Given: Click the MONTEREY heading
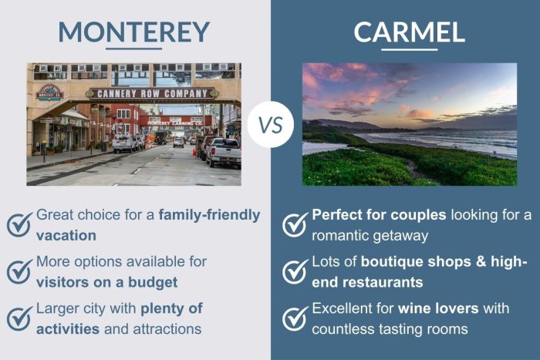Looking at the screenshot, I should (133, 32).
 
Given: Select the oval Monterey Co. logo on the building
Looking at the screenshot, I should (49, 92).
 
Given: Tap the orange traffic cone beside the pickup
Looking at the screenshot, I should (201, 158).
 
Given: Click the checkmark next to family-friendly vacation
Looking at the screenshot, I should (19, 224).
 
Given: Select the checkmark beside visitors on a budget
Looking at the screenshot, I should (19, 271).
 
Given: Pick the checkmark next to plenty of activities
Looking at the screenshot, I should (19, 318).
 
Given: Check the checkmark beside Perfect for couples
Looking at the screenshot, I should (295, 224).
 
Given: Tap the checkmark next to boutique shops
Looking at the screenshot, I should (295, 271).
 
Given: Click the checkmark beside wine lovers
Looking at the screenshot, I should (295, 318).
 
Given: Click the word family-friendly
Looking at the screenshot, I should (209, 215).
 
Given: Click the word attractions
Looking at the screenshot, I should (164, 328).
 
